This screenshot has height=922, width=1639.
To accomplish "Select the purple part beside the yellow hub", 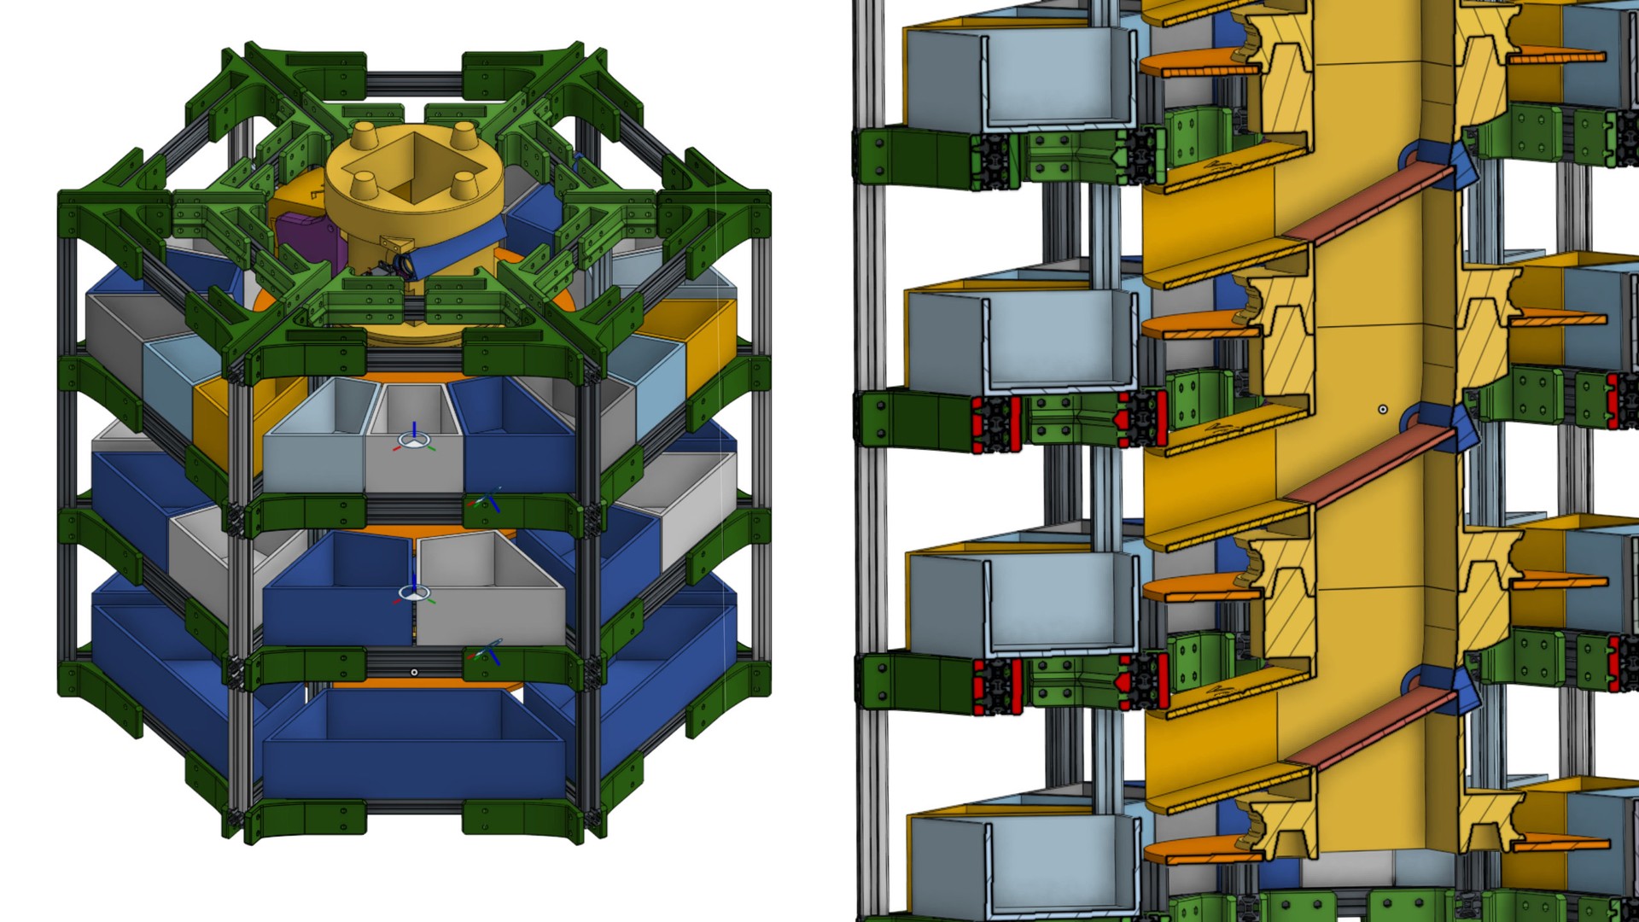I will tap(307, 235).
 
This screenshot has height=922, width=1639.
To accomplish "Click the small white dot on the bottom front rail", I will tap(414, 673).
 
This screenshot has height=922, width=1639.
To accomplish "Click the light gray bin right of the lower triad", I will tap(491, 598).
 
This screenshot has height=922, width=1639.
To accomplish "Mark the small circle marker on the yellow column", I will tap(1383, 410).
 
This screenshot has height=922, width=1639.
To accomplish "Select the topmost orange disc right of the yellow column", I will tap(1558, 57).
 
